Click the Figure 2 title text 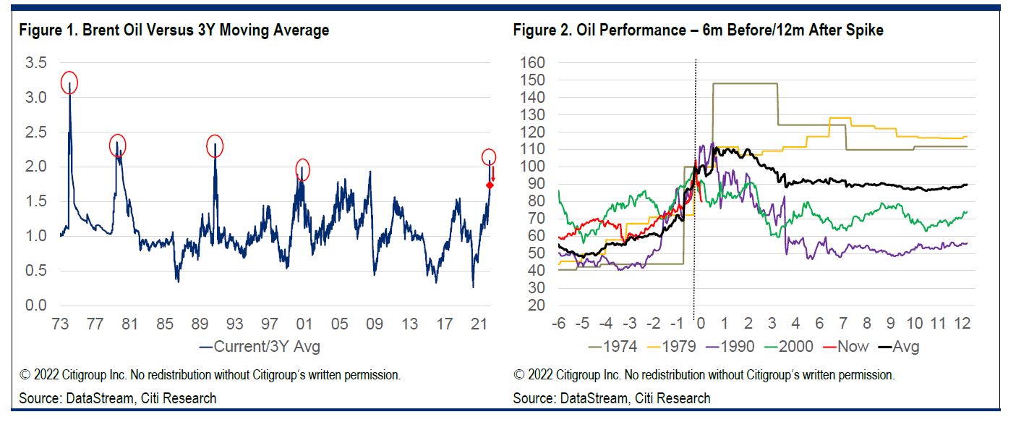(x=698, y=30)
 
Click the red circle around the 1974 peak (x=69, y=83)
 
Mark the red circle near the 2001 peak (x=303, y=169)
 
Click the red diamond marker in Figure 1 (x=490, y=186)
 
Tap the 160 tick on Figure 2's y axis (x=532, y=63)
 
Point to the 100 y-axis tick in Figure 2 (x=532, y=167)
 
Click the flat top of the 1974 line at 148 (x=745, y=83)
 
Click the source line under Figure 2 (x=612, y=398)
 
